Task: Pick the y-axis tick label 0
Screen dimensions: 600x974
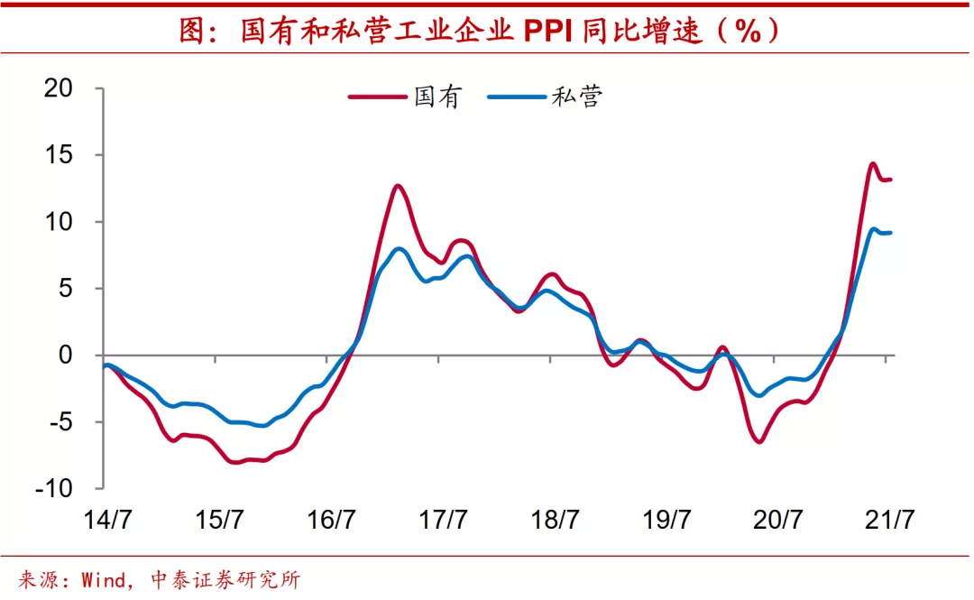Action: [x=65, y=355]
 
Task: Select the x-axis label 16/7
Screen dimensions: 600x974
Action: [x=331, y=521]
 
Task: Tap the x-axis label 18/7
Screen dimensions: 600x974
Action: [x=556, y=521]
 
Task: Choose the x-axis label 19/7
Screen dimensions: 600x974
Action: [x=667, y=521]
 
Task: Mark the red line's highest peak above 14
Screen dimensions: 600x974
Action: [x=872, y=164]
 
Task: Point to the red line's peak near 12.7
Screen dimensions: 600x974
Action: [x=398, y=186]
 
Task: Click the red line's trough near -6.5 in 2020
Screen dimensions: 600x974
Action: [x=759, y=441]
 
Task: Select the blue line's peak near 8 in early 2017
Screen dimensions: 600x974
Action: [x=399, y=248]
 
